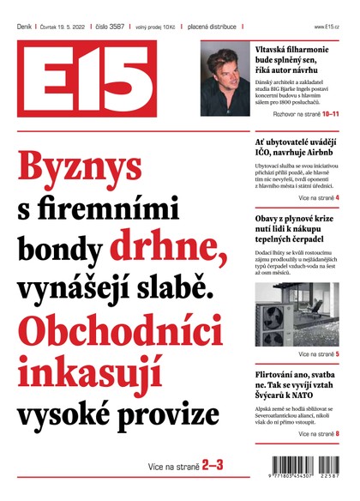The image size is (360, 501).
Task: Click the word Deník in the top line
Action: tap(24, 27)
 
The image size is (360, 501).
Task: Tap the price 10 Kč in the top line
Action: tap(178, 27)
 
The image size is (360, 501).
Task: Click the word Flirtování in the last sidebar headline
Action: tap(277, 376)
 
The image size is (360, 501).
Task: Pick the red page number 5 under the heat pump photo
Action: tap(338, 353)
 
